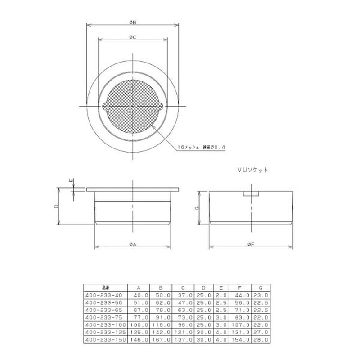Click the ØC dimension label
133,38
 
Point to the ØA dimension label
133,244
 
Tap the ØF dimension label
251,244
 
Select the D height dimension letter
55,206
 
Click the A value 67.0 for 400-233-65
138,310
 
